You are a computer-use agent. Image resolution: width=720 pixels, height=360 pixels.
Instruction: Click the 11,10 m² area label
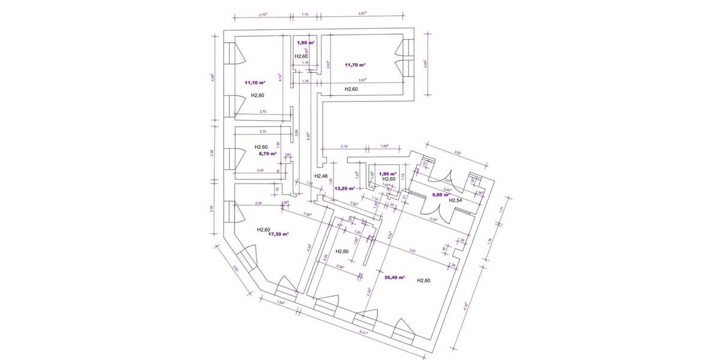[x=255, y=83]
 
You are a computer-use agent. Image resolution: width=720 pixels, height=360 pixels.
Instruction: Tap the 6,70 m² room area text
[x=267, y=154]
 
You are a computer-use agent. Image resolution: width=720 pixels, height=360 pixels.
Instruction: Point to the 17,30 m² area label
[x=278, y=235]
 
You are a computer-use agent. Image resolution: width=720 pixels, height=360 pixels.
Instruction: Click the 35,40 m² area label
[x=394, y=278]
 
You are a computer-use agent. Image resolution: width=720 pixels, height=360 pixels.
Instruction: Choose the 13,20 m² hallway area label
[x=344, y=188]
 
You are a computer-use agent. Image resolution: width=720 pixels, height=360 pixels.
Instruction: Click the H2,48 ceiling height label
[x=321, y=176]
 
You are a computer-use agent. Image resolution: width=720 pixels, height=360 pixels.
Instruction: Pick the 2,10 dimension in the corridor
[x=344, y=146]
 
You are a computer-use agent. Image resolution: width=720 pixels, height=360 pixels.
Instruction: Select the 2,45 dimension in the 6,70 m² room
[x=260, y=171]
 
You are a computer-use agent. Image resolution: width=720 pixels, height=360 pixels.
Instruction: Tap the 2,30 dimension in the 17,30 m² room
[x=258, y=203]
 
